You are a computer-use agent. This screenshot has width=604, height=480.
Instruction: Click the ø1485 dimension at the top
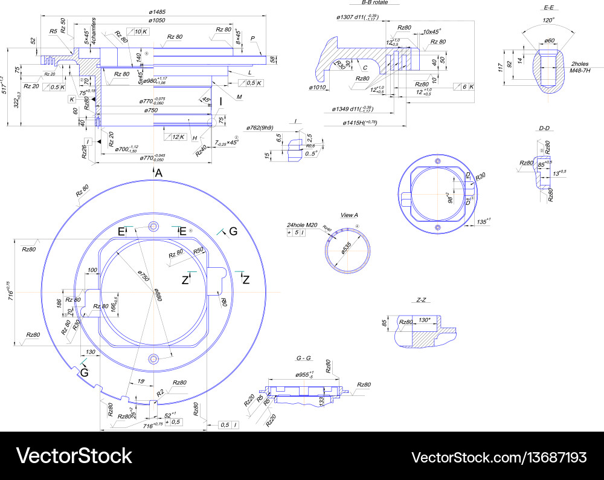click(157, 12)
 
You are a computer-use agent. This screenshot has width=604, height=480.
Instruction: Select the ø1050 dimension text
click(157, 20)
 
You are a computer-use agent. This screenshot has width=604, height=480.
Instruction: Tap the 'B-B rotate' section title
click(370, 3)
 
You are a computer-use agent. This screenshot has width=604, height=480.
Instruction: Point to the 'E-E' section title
click(549, 7)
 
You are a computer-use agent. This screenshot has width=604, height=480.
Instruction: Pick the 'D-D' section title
click(544, 128)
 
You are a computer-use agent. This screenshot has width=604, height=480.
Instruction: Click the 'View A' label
click(349, 215)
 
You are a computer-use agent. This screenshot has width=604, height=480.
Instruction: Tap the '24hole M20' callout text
click(302, 225)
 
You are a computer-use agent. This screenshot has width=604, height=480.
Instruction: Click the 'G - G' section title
click(303, 358)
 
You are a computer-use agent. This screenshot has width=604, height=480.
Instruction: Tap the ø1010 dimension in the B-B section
click(318, 88)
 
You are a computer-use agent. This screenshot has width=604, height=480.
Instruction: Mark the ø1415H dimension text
click(358, 123)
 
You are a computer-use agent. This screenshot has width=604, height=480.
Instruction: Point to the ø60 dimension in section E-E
click(550, 41)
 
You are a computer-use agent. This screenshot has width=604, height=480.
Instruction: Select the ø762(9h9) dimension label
click(260, 128)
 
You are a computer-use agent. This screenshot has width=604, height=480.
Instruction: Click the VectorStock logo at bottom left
click(74, 455)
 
